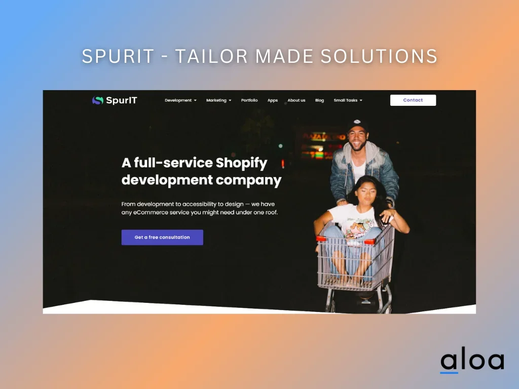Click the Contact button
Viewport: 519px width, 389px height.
point(413,100)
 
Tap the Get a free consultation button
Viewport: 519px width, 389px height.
point(162,237)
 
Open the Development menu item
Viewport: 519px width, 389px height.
point(181,100)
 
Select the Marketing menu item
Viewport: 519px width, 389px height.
point(219,100)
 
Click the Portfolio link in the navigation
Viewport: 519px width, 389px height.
point(249,100)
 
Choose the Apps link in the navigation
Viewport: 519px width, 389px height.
point(272,100)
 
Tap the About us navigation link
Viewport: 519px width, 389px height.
point(296,100)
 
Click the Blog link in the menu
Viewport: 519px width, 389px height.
point(319,100)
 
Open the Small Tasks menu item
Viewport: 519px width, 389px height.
point(348,100)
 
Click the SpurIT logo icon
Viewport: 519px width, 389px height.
point(98,100)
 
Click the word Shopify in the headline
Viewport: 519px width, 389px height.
point(241,163)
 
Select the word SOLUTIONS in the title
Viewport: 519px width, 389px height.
point(379,56)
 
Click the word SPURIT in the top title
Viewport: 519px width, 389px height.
point(118,56)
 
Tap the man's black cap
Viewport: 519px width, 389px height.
point(357,125)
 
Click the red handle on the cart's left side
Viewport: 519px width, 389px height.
point(321,238)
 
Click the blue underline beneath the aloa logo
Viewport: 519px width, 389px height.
point(449,372)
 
